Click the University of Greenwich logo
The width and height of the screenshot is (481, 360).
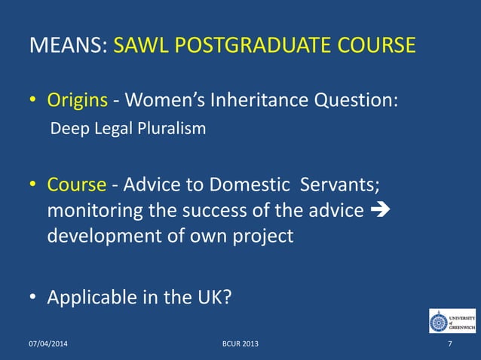(x=452, y=321)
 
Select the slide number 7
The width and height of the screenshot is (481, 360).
(x=450, y=344)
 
